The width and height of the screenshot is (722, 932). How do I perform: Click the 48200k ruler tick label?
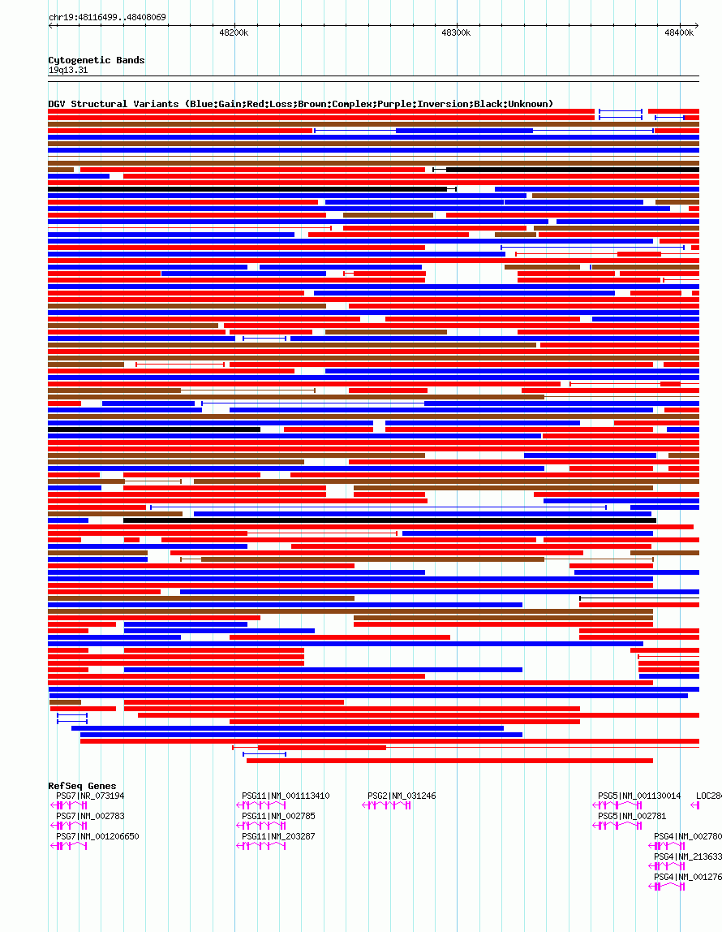tap(234, 33)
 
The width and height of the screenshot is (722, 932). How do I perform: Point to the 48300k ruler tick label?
tap(456, 33)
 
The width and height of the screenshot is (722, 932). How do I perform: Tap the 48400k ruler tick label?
tap(679, 33)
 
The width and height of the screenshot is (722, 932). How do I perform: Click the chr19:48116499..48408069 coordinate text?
tap(108, 17)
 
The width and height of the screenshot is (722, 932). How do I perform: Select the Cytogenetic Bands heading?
tap(96, 60)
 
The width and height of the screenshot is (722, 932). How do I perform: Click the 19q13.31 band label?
tap(68, 70)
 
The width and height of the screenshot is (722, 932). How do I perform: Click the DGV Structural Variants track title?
tap(300, 104)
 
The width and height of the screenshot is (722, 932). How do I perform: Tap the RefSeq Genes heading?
tap(82, 786)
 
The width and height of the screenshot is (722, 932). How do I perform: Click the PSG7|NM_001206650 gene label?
tap(97, 836)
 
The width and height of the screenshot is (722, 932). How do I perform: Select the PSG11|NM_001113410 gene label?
tap(286, 796)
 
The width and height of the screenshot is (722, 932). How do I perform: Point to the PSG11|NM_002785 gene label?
tap(278, 816)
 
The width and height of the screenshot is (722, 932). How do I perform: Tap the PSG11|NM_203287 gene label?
tap(278, 836)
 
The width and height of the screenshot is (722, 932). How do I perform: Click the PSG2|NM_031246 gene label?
tap(402, 796)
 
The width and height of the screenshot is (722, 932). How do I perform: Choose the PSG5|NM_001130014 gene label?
tap(639, 796)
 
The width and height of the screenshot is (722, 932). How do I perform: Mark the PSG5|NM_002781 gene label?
tap(632, 816)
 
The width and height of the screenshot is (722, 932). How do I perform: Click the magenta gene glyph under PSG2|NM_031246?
tap(386, 805)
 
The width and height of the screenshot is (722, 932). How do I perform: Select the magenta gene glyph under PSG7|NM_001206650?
tap(70, 846)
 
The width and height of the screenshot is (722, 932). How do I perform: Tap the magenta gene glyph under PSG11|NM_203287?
tap(261, 846)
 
